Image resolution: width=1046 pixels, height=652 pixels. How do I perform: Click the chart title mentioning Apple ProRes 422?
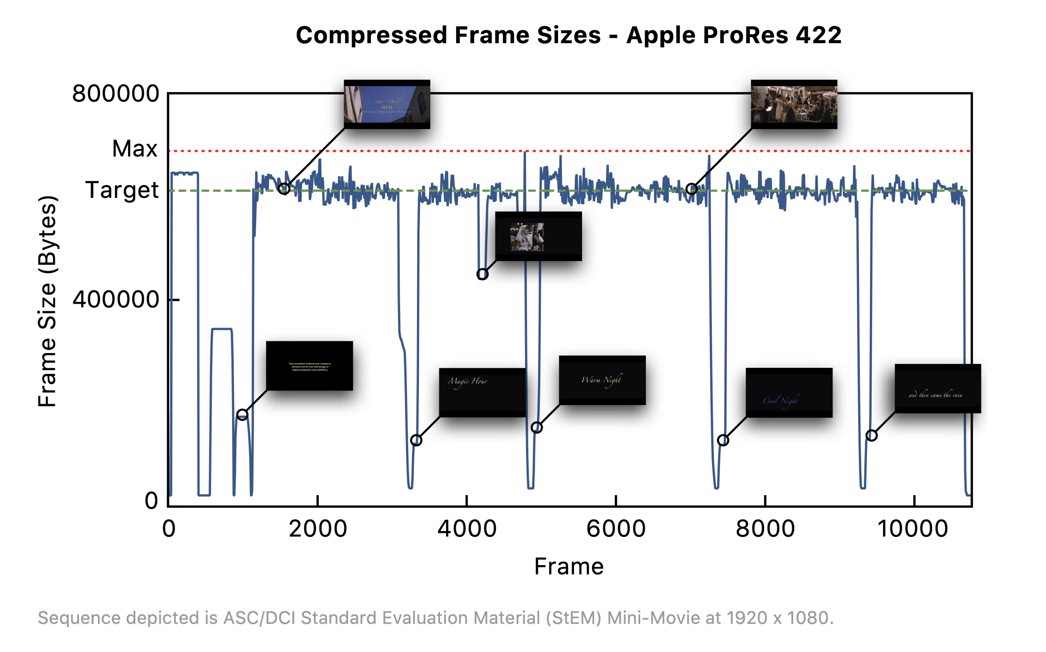click(x=568, y=35)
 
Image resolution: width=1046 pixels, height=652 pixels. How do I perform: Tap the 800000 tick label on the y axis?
click(x=116, y=93)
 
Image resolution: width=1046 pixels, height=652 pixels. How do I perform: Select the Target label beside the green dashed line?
click(x=122, y=190)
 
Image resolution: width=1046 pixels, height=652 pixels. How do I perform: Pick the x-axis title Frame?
click(x=568, y=566)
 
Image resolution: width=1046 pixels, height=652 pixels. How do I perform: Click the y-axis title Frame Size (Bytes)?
click(x=47, y=301)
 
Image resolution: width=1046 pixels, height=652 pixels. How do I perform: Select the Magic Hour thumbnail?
click(x=482, y=392)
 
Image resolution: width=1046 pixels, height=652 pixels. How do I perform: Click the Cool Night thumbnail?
click(x=789, y=392)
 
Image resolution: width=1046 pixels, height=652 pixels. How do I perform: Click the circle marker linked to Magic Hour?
click(x=416, y=440)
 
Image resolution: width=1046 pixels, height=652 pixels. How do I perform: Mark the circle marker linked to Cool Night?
click(x=723, y=440)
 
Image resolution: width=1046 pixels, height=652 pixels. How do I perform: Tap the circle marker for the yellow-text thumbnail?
click(x=242, y=415)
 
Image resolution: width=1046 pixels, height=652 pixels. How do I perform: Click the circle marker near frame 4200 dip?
click(x=482, y=274)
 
